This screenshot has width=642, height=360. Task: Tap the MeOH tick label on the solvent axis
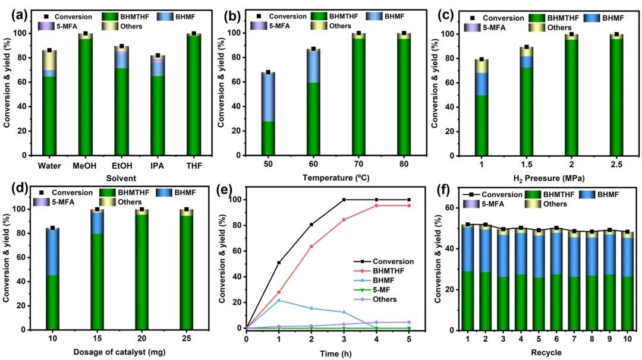[x=86, y=165]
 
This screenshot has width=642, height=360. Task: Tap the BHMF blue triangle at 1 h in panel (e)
[x=279, y=300]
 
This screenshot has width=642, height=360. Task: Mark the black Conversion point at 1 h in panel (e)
[x=279, y=263]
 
